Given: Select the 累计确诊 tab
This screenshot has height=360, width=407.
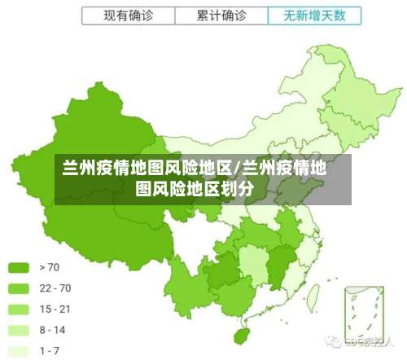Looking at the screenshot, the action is click(x=222, y=15).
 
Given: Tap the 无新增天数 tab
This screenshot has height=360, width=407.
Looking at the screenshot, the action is click(x=313, y=15).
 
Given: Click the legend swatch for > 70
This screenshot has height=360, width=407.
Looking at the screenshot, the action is click(x=19, y=266).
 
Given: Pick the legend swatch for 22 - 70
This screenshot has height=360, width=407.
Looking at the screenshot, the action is click(x=19, y=288).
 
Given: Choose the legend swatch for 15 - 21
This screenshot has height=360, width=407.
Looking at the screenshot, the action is click(x=19, y=309).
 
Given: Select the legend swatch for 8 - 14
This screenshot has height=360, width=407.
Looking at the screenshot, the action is click(x=19, y=330).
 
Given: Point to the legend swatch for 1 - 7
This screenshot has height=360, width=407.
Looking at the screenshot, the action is click(x=19, y=351).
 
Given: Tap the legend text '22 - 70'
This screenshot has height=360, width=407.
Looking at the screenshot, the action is click(x=55, y=288).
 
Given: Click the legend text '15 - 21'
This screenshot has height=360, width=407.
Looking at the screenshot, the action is click(x=55, y=309).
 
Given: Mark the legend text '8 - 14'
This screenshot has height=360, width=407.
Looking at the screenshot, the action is click(x=53, y=330).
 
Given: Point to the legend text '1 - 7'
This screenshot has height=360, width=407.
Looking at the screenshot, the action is click(x=50, y=351).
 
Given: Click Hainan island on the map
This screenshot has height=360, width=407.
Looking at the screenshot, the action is click(x=242, y=335).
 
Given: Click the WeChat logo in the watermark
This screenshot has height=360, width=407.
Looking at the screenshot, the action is click(x=333, y=341).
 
